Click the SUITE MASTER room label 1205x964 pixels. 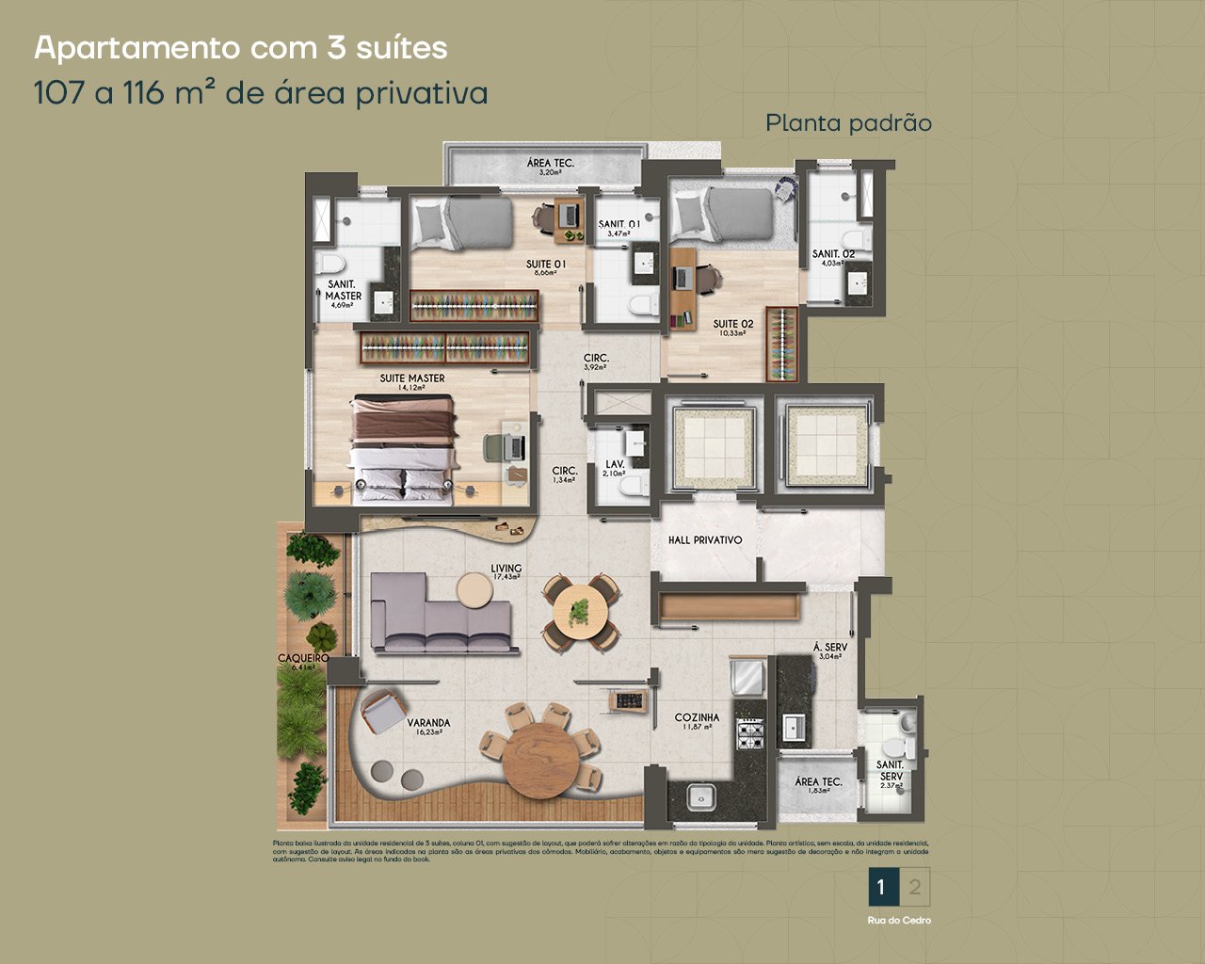(x=412, y=378)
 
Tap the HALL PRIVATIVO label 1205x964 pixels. (x=705, y=540)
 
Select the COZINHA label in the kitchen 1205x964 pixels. (x=697, y=717)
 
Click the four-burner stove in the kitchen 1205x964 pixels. (x=750, y=734)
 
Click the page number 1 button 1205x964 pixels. (x=881, y=887)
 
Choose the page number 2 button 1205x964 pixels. (x=915, y=887)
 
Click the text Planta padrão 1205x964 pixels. (x=848, y=123)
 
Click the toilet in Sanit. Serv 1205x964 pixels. (x=907, y=745)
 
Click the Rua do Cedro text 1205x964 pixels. (x=899, y=921)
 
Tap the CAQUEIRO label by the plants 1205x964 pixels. (x=303, y=659)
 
